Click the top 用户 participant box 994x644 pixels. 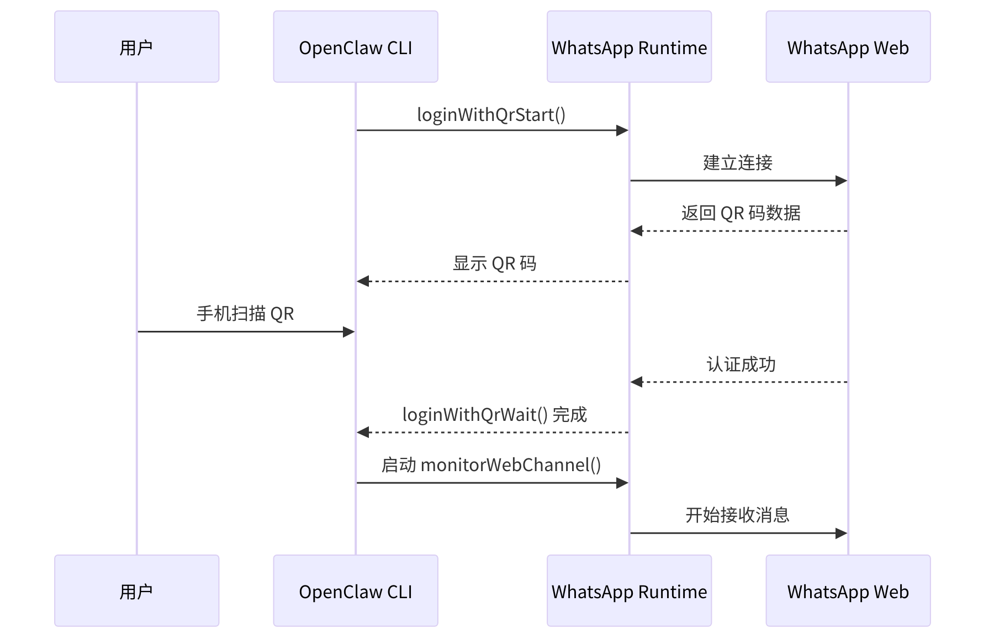pos(136,47)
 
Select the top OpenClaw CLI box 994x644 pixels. pos(355,47)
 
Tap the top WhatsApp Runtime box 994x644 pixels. pos(629,47)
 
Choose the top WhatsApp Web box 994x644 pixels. pos(848,47)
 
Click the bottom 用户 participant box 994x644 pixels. pos(136,590)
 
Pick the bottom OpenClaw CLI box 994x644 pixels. pos(355,590)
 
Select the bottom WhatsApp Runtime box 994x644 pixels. pos(629,590)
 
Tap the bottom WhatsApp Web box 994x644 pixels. pos(848,590)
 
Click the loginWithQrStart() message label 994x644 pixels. pos(491,115)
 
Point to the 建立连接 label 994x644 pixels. pos(738,163)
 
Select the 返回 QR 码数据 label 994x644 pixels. pos(741,213)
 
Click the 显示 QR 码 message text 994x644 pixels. pos(494,263)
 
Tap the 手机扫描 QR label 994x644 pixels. pos(245,314)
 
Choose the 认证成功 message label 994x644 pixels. pos(741,365)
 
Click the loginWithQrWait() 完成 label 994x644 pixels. pos(494,414)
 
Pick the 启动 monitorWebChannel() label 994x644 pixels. pos(491,465)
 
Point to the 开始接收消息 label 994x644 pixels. pos(738,515)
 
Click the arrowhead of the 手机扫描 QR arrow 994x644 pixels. pos(348,332)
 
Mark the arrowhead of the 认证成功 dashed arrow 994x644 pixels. pos(637,382)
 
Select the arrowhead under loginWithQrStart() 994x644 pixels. pos(622,130)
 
